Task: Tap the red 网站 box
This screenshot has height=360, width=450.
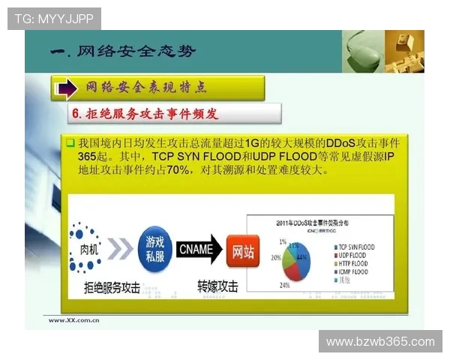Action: pyautogui.click(x=244, y=250)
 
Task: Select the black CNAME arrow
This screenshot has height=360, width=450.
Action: pyautogui.click(x=199, y=250)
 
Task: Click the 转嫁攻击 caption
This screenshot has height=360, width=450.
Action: pyautogui.click(x=218, y=286)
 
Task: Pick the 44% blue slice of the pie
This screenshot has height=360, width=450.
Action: pyautogui.click(x=301, y=259)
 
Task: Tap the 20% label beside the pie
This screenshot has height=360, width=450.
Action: pyautogui.click(x=275, y=257)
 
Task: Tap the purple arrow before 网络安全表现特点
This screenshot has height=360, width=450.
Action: pyautogui.click(x=67, y=88)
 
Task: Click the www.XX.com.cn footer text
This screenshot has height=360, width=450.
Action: pyautogui.click(x=75, y=320)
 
